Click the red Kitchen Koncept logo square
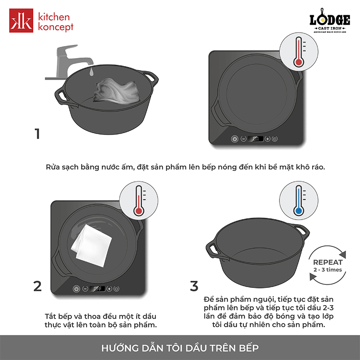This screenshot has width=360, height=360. coord(21,20)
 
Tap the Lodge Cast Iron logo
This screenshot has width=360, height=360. coord(330,21)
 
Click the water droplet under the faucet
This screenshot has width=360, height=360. coord(91,72)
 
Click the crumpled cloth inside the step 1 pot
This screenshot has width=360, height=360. coord(117,91)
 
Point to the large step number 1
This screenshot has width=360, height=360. coord(37,134)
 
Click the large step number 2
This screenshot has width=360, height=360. coord(37,286)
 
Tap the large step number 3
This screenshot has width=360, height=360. coord(194,286)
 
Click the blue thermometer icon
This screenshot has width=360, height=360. coord(299,200)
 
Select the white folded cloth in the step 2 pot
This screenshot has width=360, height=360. coord(92,246)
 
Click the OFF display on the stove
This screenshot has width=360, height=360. coord(97,289)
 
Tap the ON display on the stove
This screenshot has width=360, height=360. coord(256,139)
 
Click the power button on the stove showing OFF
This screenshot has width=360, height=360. coord(76,289)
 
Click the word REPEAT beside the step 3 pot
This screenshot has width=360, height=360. coord(328,262)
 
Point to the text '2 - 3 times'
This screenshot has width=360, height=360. coord(328,270)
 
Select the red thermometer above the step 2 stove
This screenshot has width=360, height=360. coord(139,200)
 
